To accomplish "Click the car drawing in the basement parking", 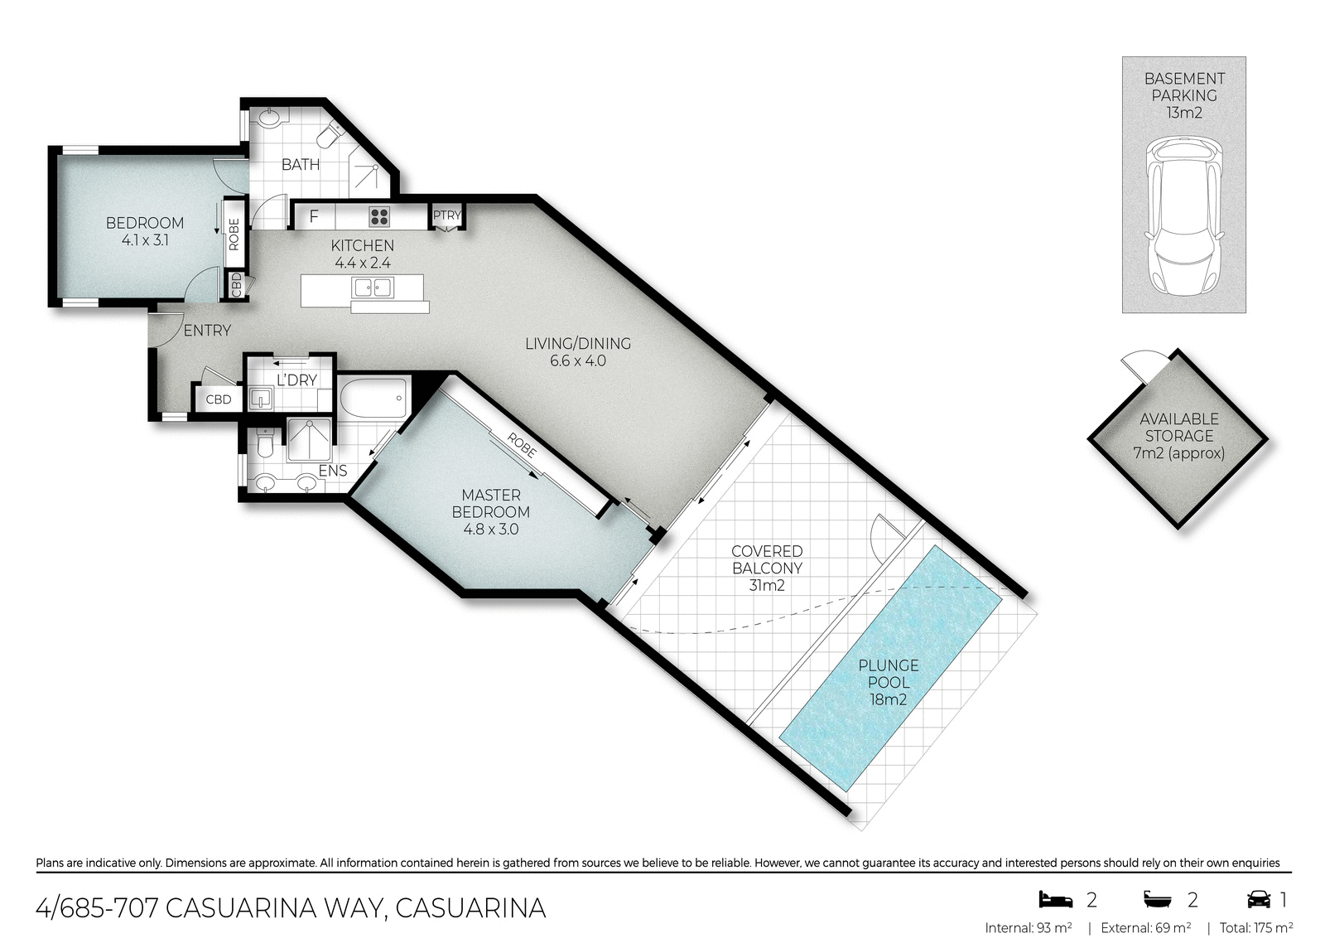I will (1184, 218).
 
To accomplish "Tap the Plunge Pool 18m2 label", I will (888, 682).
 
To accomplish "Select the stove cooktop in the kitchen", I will (380, 216).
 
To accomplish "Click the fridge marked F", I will (314, 217).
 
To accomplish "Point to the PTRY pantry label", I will (446, 215).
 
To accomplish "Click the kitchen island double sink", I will (372, 288).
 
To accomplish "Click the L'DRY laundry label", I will (296, 380).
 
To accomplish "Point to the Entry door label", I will (207, 331).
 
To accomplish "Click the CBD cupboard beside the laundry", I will (219, 399).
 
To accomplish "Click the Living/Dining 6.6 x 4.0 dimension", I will (578, 361).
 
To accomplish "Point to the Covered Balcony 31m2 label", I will (767, 568).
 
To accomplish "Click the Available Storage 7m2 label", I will (1178, 436).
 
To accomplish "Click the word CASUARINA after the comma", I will (470, 908).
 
